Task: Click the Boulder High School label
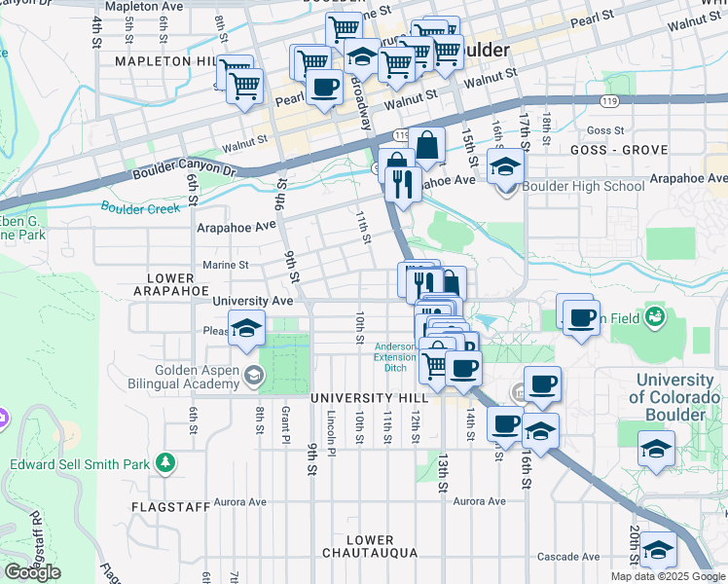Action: tap(583, 186)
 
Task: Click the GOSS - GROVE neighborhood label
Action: tap(620, 150)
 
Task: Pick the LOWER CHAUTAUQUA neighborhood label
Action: tap(370, 546)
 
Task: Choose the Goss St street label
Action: tap(604, 130)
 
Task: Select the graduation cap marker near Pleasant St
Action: tap(247, 327)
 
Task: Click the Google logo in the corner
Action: tap(32, 572)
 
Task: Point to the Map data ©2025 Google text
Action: tap(667, 576)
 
